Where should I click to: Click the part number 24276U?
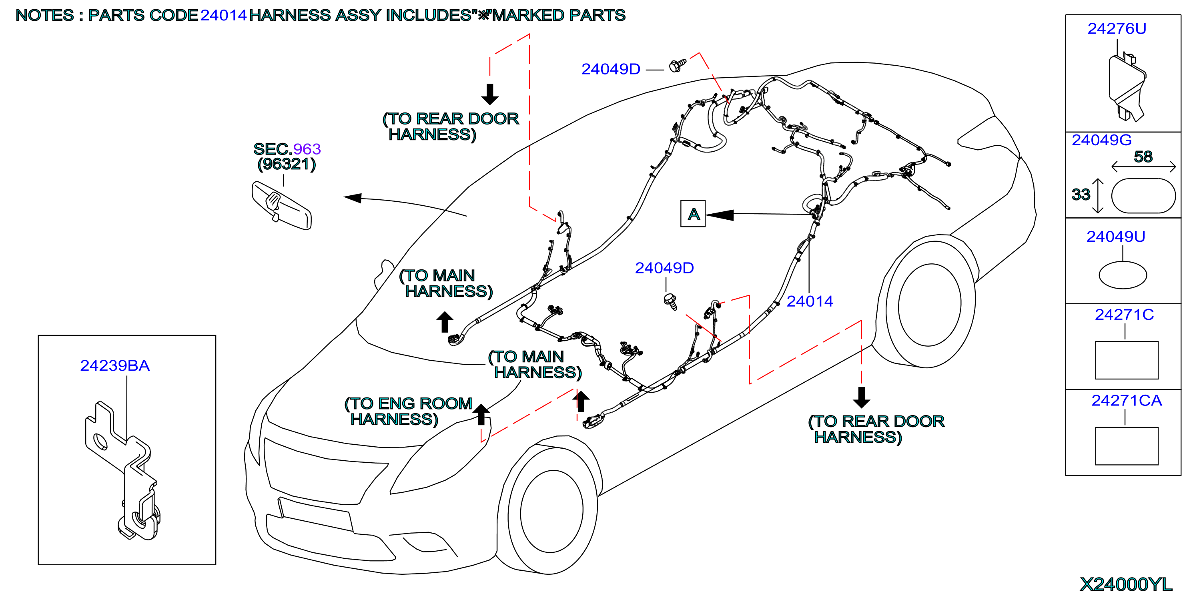1116,29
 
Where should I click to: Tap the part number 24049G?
1101,140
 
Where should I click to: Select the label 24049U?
1115,237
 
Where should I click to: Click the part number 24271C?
1124,315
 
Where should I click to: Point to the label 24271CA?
1126,401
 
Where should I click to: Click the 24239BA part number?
115,366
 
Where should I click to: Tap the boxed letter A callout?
693,213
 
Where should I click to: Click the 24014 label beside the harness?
810,302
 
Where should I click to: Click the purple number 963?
307,149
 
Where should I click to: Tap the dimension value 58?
1143,157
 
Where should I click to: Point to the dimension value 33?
1081,195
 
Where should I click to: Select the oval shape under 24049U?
1123,275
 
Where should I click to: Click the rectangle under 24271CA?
1126,446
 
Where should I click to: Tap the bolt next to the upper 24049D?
677,65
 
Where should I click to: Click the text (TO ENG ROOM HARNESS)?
408,411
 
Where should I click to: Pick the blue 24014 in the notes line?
223,15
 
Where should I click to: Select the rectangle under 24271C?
1126,360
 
